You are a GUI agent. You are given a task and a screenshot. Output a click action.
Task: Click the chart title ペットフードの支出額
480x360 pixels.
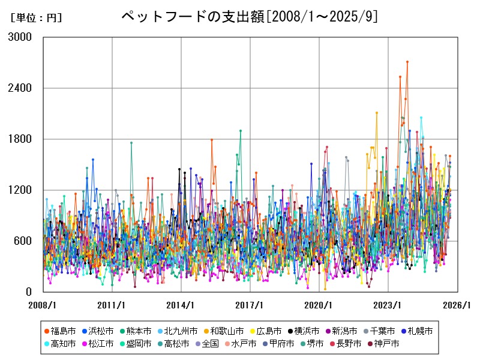coord(250,16)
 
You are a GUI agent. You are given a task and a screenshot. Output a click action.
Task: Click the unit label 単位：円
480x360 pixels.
coord(36,18)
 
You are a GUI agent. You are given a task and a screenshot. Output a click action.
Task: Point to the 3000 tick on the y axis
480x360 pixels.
coord(20,37)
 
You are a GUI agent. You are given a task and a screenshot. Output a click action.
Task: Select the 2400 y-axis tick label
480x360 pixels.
coord(20,88)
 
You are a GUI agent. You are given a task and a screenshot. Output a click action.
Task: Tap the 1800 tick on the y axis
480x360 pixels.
coord(20,139)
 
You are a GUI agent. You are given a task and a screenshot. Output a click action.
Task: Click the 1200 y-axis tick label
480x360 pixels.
coord(20,190)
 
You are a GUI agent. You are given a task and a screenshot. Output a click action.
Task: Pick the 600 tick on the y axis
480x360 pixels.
coord(24,241)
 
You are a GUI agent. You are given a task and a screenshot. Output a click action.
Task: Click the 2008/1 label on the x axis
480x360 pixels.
coord(43,305)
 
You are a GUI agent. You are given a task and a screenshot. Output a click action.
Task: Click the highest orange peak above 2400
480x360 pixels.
coord(407,61)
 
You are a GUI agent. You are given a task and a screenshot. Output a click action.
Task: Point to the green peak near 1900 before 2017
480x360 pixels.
coord(241,131)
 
